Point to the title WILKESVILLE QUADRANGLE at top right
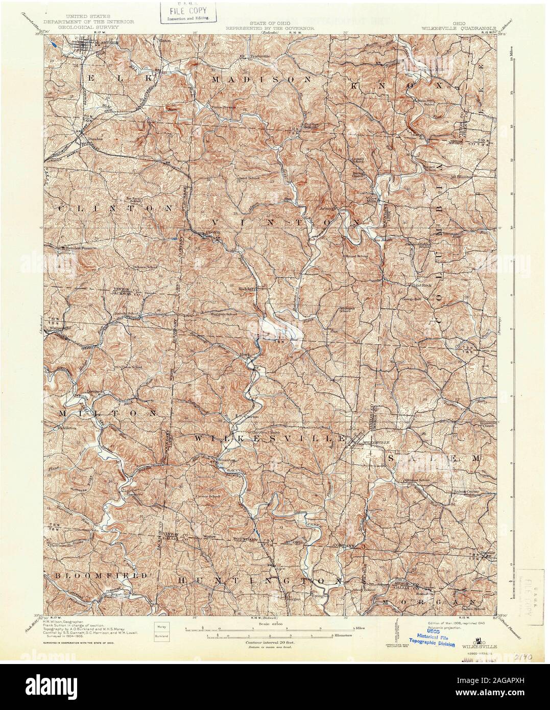pyautogui.click(x=465, y=22)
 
